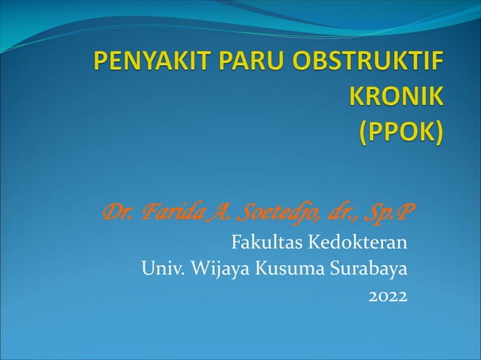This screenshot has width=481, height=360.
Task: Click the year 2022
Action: [388, 296]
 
